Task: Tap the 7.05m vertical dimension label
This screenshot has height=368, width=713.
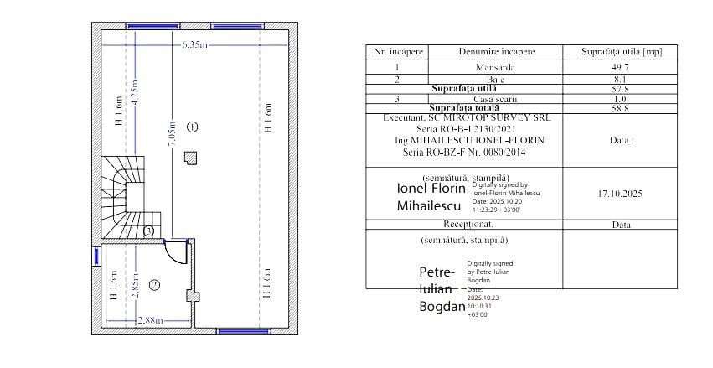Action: point(172,132)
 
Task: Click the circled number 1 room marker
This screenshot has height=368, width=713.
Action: point(193,127)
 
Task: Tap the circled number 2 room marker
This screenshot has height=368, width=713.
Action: point(154,285)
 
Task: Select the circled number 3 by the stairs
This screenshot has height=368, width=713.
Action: point(148,231)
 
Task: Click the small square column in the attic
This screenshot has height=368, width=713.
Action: point(192,157)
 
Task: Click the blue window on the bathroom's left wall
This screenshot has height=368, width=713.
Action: point(96,257)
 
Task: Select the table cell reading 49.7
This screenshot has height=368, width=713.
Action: point(621,66)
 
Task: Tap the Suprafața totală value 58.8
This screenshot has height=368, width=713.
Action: point(621,108)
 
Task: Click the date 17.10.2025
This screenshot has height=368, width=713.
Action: point(620,194)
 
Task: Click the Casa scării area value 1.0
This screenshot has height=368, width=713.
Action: point(621,99)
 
